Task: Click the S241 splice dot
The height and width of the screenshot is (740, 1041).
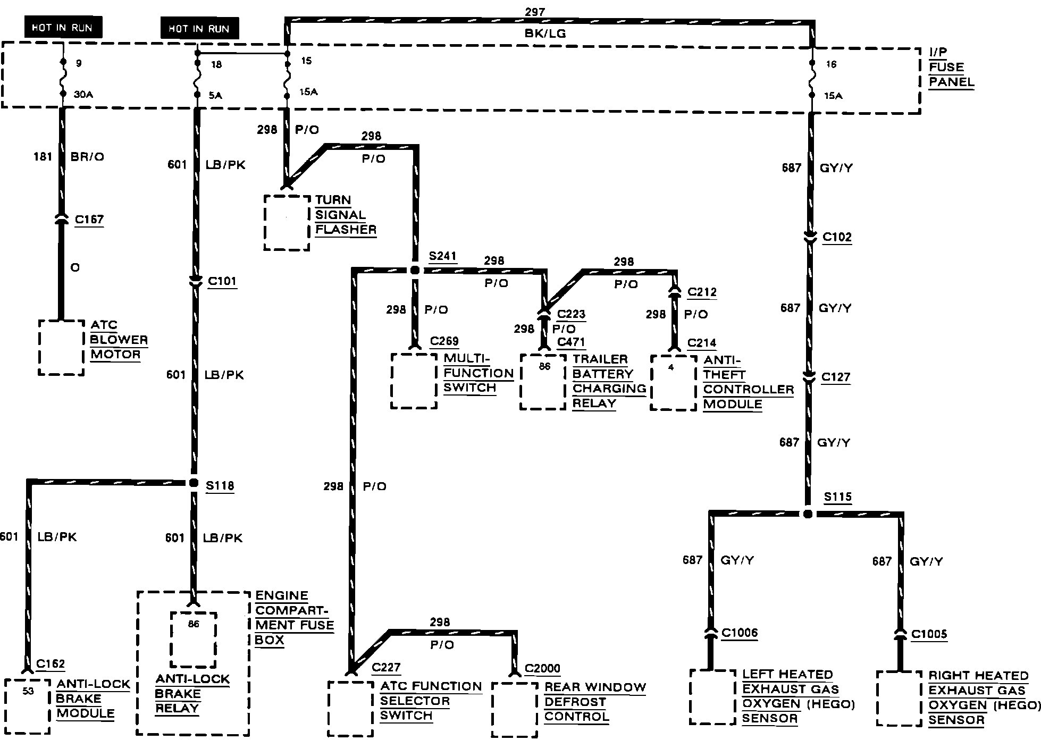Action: [x=415, y=270]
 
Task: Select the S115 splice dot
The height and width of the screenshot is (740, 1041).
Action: [x=808, y=514]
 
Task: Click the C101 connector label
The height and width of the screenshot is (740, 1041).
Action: [x=222, y=281]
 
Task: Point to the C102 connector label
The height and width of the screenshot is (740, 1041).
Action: [x=837, y=237]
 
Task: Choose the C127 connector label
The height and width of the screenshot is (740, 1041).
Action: [x=836, y=377]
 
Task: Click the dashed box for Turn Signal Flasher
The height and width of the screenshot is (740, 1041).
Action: [x=287, y=222]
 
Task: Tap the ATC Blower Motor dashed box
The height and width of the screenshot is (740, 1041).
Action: [x=61, y=347]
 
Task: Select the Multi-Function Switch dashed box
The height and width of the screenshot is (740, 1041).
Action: [x=414, y=381]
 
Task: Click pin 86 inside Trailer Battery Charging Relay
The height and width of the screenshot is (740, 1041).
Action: [x=544, y=366]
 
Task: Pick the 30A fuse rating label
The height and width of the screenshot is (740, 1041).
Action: [x=83, y=95]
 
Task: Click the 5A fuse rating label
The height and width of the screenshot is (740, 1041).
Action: [x=215, y=96]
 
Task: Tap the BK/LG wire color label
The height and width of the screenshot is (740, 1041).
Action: [x=545, y=34]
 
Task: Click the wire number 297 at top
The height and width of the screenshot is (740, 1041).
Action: [x=534, y=12]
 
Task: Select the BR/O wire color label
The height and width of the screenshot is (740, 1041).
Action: [x=87, y=156]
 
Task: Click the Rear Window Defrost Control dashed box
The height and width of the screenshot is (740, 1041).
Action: [x=515, y=710]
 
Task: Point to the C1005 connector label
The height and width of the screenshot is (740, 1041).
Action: [x=929, y=634]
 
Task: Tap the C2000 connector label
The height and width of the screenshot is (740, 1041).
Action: [x=542, y=669]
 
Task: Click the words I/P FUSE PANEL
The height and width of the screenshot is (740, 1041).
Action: [x=951, y=67]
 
